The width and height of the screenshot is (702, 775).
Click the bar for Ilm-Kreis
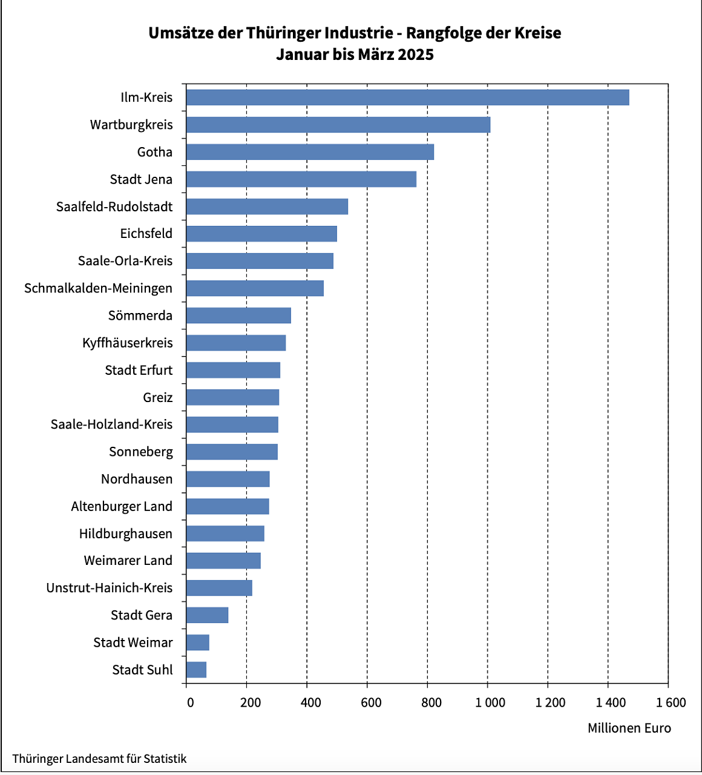click(407, 97)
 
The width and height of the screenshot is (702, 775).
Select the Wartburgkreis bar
click(338, 125)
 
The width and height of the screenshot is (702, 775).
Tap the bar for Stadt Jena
click(301, 179)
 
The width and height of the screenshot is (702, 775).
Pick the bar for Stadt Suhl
click(196, 670)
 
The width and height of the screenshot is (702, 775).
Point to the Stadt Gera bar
click(207, 615)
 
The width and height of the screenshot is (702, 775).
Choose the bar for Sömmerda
click(238, 315)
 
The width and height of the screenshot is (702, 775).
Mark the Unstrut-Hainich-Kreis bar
click(219, 588)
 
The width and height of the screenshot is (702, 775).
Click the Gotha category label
click(154, 152)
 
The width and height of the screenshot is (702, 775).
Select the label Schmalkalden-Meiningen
click(98, 288)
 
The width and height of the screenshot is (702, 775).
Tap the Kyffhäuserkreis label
click(127, 343)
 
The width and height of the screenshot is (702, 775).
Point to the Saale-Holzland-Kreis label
click(111, 424)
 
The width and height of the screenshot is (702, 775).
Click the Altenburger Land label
click(122, 506)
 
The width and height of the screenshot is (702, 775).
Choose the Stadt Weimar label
click(133, 642)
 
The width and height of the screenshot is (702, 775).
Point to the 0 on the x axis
click(190, 702)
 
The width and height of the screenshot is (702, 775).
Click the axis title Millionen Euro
click(629, 728)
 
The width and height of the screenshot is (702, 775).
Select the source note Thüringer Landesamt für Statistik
click(99, 759)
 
